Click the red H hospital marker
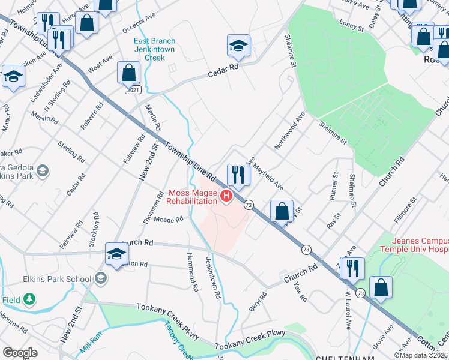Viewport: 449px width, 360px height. (226, 196)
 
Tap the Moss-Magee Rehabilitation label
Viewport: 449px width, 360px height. (191, 197)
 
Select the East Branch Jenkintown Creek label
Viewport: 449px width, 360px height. (157, 50)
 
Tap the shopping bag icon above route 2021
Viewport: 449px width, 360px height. (128, 73)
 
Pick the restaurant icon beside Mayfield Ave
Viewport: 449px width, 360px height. (238, 175)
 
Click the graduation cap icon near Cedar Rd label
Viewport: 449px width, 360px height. (238, 46)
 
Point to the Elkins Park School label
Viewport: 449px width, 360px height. (58, 279)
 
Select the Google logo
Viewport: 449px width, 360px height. (20, 352)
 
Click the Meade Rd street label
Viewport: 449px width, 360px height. (169, 220)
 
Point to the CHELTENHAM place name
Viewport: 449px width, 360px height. (345, 357)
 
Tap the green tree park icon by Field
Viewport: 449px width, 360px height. (28, 298)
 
